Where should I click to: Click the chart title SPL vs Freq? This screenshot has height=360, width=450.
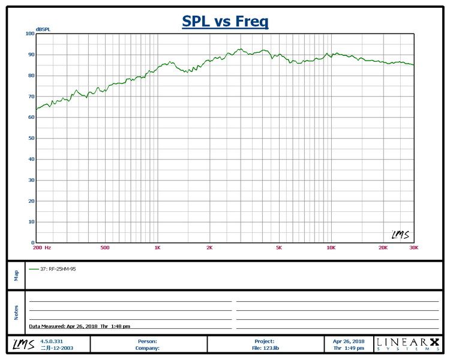point(225,22)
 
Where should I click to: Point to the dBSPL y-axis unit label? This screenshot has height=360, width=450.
point(43,29)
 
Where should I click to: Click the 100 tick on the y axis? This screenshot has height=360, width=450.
point(30,34)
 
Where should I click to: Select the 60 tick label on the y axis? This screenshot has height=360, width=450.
point(31,118)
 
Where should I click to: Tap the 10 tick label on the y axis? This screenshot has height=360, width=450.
point(31,222)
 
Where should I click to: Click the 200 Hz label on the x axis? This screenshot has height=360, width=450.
point(42,247)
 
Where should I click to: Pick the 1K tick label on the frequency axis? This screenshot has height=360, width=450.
point(157,247)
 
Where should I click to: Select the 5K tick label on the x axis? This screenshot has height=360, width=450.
point(278,247)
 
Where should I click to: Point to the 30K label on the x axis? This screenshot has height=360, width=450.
point(413,247)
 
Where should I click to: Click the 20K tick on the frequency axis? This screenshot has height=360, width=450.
point(382,247)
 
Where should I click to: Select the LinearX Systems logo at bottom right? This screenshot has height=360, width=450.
point(407,344)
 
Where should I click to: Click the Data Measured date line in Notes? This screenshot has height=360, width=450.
point(80,326)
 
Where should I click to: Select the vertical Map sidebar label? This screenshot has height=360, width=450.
point(16,275)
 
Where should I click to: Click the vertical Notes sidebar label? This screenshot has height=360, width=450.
point(16,312)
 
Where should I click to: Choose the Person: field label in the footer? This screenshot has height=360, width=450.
point(148,341)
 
